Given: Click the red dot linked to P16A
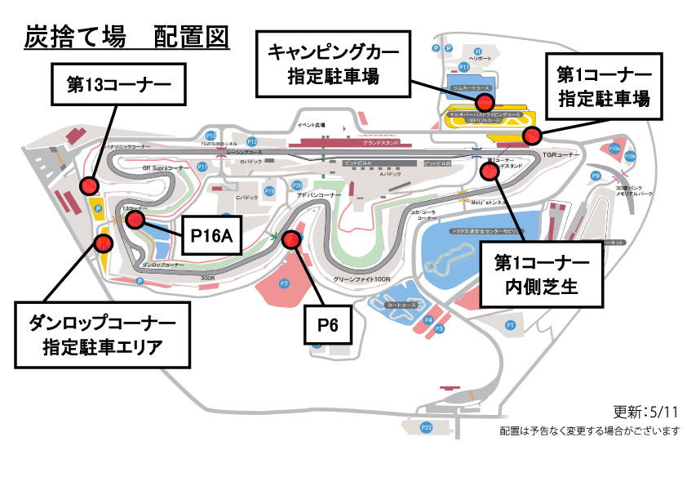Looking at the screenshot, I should point(135,220).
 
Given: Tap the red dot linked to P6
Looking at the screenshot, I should point(290,239).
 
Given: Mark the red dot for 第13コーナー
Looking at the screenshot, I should point(88,187).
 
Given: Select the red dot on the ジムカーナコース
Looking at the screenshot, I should point(485,101).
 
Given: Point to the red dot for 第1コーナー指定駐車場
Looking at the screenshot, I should point(531,135).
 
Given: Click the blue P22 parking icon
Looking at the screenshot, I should point(426,427).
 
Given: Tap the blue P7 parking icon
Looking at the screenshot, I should point(284,283).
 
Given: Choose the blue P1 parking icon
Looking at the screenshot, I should point(511,325).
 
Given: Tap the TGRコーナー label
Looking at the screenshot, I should point(565,154).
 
